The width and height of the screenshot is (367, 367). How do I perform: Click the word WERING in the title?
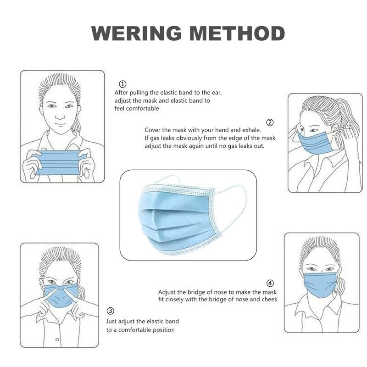pos(136,33)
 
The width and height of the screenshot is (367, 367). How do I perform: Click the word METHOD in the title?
pos(237,33)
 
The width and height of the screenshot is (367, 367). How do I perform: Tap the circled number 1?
pos(122,84)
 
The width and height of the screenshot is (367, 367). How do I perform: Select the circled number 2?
pos(270,122)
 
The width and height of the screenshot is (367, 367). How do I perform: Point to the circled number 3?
pos(111,311)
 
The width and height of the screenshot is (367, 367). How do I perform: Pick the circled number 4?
pos(270,283)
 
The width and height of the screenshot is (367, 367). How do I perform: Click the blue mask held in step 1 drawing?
pos(60,163)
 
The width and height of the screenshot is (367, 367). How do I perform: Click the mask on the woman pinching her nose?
pos(60,296)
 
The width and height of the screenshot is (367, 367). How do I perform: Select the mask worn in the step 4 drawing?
pos(321,285)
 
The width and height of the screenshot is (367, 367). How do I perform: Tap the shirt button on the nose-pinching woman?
pos(57,339)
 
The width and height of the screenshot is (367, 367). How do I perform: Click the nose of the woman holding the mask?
pos(60,116)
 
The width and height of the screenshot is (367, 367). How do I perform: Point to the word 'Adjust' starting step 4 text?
pos(167,292)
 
